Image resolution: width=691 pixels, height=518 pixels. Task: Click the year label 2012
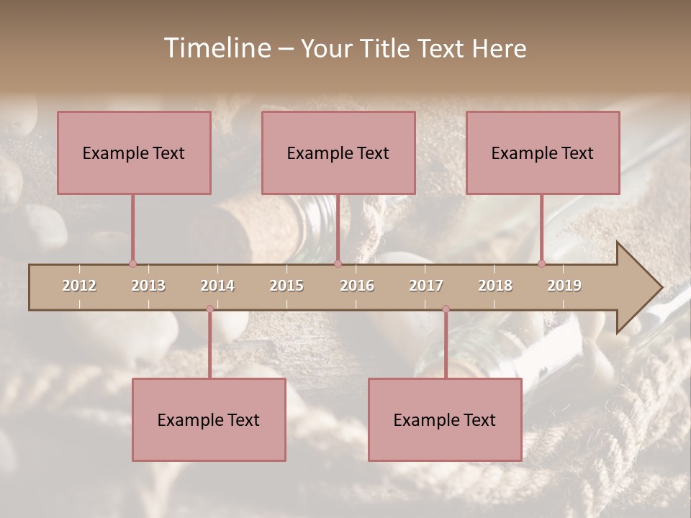point(79,286)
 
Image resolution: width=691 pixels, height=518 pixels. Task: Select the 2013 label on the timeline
point(148,286)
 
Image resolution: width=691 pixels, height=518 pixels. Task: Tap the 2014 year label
point(217,286)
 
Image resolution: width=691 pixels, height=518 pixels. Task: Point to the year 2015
point(286,286)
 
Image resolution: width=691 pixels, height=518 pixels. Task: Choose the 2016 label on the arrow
point(357,286)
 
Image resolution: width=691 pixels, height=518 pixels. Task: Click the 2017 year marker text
point(426,286)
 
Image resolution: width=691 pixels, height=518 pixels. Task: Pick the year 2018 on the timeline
point(495,286)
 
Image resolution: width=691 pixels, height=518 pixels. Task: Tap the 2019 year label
point(564,286)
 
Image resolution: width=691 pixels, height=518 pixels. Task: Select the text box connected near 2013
point(134,153)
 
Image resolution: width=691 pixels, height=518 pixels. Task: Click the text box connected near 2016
point(338,153)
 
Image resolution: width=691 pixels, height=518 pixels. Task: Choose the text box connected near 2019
point(543,153)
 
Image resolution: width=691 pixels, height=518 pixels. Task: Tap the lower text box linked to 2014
point(209,419)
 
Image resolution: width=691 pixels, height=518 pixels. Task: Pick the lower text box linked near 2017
point(445,419)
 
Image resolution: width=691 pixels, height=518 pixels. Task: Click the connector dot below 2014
point(209,309)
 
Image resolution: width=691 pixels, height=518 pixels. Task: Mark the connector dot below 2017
point(446,309)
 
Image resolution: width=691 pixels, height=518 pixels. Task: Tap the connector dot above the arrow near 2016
point(338,263)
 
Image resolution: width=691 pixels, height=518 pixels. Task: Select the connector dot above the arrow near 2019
point(541,263)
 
